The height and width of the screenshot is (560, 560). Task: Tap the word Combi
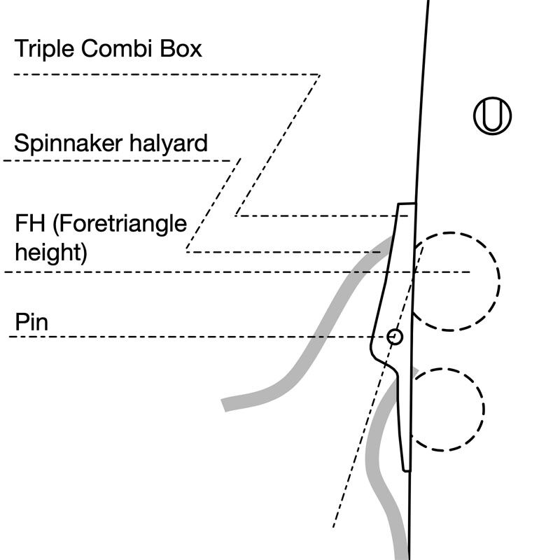pyautogui.click(x=115, y=49)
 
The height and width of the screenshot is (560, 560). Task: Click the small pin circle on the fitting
pyautogui.click(x=395, y=337)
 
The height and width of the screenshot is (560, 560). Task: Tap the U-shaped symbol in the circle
pyautogui.click(x=492, y=115)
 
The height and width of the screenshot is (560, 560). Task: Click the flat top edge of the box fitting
pyautogui.click(x=407, y=204)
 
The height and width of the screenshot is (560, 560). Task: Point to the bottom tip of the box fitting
pyautogui.click(x=405, y=470)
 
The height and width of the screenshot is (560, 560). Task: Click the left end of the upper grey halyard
pyautogui.click(x=225, y=405)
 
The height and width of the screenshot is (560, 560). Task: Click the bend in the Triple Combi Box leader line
pyautogui.click(x=319, y=75)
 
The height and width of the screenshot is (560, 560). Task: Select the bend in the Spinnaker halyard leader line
pyautogui.click(x=239, y=160)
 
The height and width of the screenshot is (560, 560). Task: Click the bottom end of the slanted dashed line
pyautogui.click(x=333, y=526)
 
